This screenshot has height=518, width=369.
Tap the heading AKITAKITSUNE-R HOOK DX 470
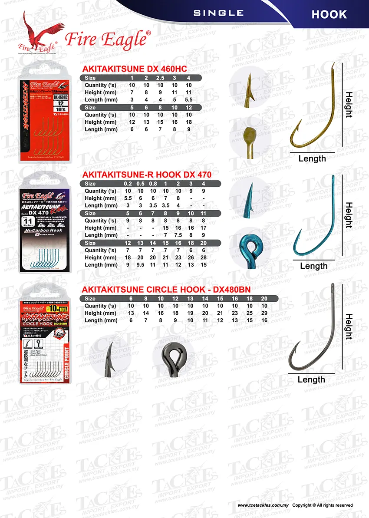(x=146, y=175)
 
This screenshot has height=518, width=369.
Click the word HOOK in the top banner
(x=329, y=14)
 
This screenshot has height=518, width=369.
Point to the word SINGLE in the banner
(x=218, y=13)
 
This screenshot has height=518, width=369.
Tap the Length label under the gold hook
(x=312, y=159)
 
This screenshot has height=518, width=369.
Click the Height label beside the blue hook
(x=349, y=215)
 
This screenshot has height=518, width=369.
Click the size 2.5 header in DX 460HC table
(x=161, y=78)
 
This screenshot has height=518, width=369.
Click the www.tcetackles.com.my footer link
(x=263, y=505)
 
